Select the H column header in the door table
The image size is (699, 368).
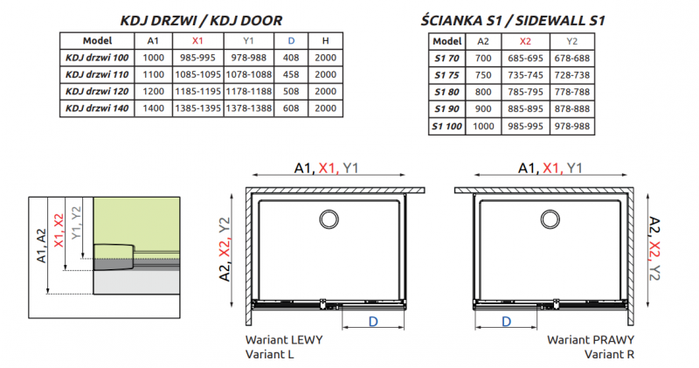pyautogui.click(x=325, y=41)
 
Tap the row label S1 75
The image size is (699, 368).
pyautogui.click(x=446, y=75)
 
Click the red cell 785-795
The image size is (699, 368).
pyautogui.click(x=525, y=92)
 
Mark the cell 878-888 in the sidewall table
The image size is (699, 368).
pyautogui.click(x=573, y=108)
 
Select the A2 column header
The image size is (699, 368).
pyautogui.click(x=483, y=41)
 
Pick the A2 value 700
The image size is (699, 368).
pyautogui.click(x=483, y=59)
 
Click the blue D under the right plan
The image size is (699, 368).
pyautogui.click(x=508, y=323)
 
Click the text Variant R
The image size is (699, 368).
pyautogui.click(x=609, y=354)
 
